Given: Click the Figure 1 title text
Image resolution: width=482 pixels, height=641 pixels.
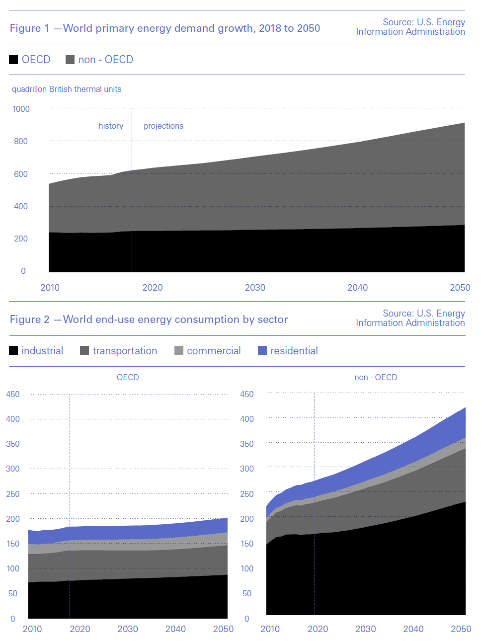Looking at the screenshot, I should click(165, 28).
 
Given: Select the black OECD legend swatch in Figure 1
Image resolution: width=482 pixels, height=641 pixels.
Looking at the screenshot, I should click(13, 60).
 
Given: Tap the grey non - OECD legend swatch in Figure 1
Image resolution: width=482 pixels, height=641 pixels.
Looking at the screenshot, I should click(70, 60).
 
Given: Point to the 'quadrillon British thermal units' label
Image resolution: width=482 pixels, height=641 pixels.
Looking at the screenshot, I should click(67, 89).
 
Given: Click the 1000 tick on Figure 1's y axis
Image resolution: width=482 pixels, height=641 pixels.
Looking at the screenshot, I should click(21, 109).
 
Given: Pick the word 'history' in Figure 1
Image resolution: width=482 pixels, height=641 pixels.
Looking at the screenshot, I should click(111, 126).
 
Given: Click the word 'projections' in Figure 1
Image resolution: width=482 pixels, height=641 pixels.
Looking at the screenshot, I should click(163, 126).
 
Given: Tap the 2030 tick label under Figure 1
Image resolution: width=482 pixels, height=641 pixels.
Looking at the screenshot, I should click(255, 288).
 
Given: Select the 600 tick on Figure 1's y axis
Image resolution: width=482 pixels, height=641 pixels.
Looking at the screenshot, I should click(21, 174).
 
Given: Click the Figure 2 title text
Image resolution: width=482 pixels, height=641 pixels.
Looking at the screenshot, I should click(149, 320).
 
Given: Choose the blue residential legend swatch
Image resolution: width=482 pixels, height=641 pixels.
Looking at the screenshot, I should click(262, 351).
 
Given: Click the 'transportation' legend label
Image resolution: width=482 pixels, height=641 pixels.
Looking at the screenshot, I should click(125, 351).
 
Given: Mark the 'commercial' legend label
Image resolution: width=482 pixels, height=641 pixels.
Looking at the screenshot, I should click(214, 351).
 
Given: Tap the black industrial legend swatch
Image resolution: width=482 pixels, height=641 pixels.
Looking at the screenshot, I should click(13, 351).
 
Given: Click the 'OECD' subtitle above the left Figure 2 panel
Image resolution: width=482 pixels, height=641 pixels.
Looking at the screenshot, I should click(128, 378).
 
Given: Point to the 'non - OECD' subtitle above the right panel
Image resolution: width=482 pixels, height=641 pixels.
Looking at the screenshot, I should click(376, 378).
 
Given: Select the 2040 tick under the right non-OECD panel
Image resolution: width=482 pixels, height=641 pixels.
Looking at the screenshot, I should click(413, 629).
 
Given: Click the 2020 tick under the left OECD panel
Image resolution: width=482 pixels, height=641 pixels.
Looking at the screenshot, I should click(80, 629).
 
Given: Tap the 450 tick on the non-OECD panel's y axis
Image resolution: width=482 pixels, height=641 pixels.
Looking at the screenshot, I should click(247, 395).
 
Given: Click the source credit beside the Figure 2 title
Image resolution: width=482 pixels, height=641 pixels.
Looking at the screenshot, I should click(410, 318).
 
